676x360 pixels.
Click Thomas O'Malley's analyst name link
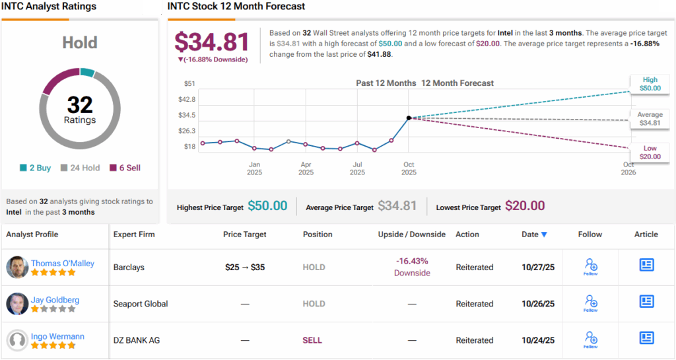coord(63,263)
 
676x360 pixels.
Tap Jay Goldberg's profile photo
coord(17,304)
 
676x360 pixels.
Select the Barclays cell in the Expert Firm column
coord(129,268)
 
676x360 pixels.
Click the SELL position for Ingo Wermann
coord(312,340)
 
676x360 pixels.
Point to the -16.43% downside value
coord(412,262)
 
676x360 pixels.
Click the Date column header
coord(534,234)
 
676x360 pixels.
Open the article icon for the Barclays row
coord(646,265)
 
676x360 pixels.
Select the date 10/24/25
coord(538,340)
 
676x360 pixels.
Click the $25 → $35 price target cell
coord(246,268)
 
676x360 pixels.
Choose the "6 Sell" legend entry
coord(125,168)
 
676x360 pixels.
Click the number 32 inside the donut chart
coord(80,104)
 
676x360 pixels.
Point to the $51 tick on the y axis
coord(189,83)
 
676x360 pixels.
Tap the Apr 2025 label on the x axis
coord(306,168)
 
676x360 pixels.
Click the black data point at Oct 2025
coord(409,118)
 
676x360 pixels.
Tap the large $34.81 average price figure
coord(212,42)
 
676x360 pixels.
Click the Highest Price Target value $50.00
coord(267,206)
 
